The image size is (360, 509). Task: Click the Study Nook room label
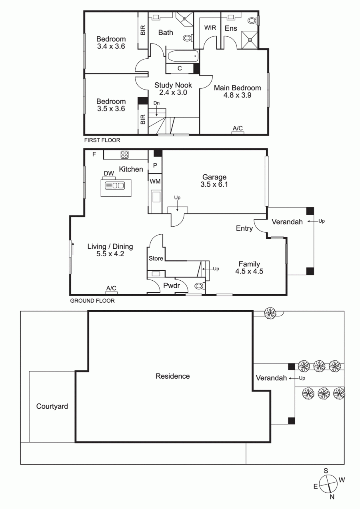pyautogui.click(x=173, y=85)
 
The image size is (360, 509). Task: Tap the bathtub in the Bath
pyautogui.click(x=182, y=56)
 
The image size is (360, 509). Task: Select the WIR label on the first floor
pyautogui.click(x=210, y=28)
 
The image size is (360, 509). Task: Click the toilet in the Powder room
pyautogui.click(x=199, y=285)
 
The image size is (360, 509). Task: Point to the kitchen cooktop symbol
pyautogui.click(x=124, y=154)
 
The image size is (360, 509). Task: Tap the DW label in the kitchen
pyautogui.click(x=109, y=173)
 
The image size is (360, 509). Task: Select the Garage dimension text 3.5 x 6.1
pyautogui.click(x=214, y=185)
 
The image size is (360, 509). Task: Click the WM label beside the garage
pyautogui.click(x=155, y=182)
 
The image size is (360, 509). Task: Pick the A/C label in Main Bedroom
pyautogui.click(x=238, y=128)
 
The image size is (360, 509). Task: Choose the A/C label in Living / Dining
pyautogui.click(x=111, y=288)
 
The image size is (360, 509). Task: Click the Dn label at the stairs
pyautogui.click(x=156, y=103)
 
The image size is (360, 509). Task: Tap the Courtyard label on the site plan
pyautogui.click(x=52, y=407)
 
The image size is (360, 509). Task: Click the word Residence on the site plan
pyautogui.click(x=172, y=376)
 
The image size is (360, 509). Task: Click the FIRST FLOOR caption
pyautogui.click(x=102, y=140)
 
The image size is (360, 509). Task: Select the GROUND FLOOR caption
pyautogui.click(x=92, y=301)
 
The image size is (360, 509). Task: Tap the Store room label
pyautogui.click(x=156, y=258)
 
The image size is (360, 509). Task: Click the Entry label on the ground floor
pyautogui.click(x=244, y=229)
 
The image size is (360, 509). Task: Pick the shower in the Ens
pyautogui.click(x=250, y=39)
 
